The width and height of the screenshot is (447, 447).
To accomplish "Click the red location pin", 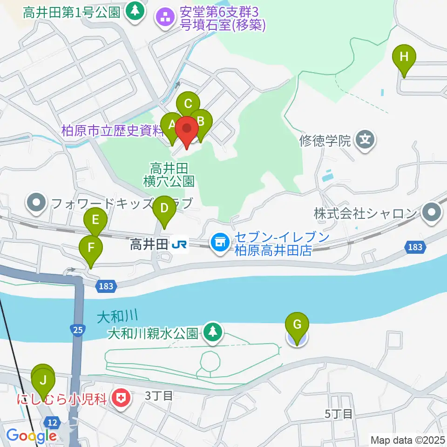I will pos(188,131).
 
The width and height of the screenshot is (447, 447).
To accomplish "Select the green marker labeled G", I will pos(297,326).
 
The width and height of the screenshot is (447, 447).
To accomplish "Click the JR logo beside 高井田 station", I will pos(179,244).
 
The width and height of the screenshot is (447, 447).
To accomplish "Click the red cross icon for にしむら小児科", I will pos(121,398).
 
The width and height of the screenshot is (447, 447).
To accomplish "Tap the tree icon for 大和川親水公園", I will pos(213,332).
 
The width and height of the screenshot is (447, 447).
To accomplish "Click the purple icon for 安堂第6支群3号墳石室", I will pos(164,18).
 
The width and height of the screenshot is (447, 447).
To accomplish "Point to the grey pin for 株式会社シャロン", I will pos(432,214).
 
